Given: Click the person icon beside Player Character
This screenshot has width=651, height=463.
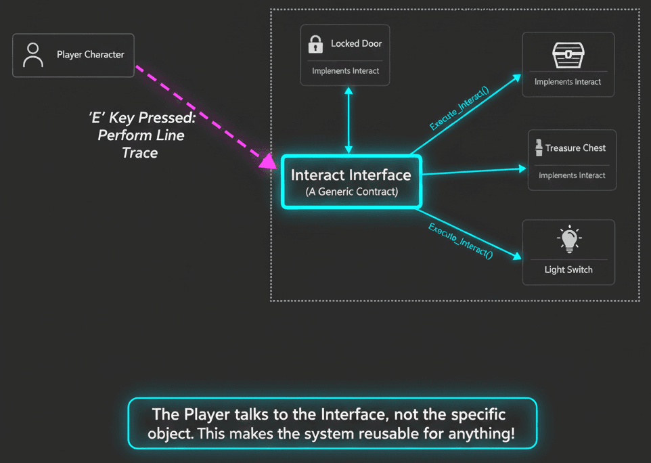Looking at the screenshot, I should click(x=32, y=55).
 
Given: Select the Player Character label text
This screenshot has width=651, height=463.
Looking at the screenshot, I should click(x=90, y=55).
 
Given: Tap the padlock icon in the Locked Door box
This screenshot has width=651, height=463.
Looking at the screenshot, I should click(x=315, y=44).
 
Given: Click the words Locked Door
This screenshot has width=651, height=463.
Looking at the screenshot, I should click(x=356, y=43).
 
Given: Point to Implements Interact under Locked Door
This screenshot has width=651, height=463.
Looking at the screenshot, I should click(x=345, y=70).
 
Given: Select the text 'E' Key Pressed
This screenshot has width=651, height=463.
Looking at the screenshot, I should click(x=141, y=117).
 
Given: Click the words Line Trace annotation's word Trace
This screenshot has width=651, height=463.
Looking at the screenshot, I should click(x=140, y=153).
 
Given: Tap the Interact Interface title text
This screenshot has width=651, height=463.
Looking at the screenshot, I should click(x=351, y=175).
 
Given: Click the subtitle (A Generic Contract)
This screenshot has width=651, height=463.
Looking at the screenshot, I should click(x=351, y=192).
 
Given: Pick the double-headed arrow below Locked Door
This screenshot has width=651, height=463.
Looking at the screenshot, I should click(x=349, y=120).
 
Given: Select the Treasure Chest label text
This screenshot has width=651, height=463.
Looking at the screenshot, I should click(x=575, y=148).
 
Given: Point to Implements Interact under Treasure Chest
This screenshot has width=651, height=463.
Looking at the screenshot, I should click(x=572, y=175).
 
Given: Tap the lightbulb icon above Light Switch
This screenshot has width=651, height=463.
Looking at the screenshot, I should click(x=568, y=239).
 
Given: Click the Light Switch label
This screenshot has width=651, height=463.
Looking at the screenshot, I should click(x=568, y=269).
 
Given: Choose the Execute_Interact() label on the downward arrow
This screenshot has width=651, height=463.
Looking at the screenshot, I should click(x=460, y=240).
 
